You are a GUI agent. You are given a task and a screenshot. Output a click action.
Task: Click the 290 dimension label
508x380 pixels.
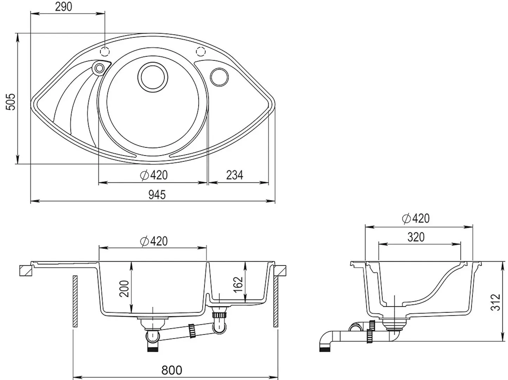[x=63, y=7]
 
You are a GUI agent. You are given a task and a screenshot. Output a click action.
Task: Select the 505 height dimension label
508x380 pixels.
[x=11, y=102]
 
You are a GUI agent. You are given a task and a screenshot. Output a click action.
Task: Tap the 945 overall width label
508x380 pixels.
[x=157, y=195]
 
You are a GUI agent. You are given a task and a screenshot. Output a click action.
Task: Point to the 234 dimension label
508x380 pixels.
[x=234, y=175]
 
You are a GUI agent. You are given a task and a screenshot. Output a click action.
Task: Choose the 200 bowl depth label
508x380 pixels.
[x=124, y=289]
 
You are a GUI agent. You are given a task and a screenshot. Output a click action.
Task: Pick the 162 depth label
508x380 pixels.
[x=238, y=285]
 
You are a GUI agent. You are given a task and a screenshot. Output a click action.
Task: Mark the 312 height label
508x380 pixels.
[x=495, y=302]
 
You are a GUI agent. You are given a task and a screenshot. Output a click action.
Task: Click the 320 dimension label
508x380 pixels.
[x=416, y=237]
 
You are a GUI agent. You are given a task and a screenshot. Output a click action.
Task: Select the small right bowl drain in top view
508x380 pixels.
[x=219, y=77]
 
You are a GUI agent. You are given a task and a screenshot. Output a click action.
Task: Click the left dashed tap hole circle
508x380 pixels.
[x=105, y=51]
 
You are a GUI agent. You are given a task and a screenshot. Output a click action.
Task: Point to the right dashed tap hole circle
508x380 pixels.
[x=201, y=51]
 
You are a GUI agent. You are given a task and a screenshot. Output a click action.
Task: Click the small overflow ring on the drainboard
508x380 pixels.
[x=99, y=68]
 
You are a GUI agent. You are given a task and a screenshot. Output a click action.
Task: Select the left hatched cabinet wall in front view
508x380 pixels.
[x=75, y=301]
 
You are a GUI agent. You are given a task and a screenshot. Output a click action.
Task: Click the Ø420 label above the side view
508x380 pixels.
[x=416, y=218]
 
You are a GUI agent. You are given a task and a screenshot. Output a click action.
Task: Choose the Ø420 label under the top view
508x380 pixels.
[x=154, y=175]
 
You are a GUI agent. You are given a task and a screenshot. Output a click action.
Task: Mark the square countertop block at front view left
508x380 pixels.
[x=26, y=271]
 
